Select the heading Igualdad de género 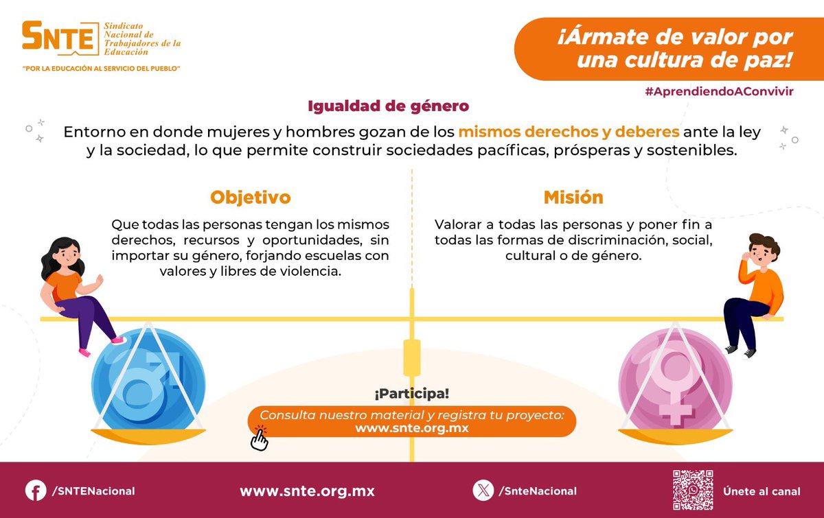coord(388,106)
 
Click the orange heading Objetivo coord(251,198)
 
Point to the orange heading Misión coord(573,198)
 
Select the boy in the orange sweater coord(755,288)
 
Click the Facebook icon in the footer coord(36,491)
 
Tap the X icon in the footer coord(483,491)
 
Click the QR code coord(692,490)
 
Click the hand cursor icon coord(259,438)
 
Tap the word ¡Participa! coord(412,395)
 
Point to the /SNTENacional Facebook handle coord(93,491)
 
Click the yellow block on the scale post coord(412,357)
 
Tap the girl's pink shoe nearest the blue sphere coord(119,340)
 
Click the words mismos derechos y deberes coord(569,132)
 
